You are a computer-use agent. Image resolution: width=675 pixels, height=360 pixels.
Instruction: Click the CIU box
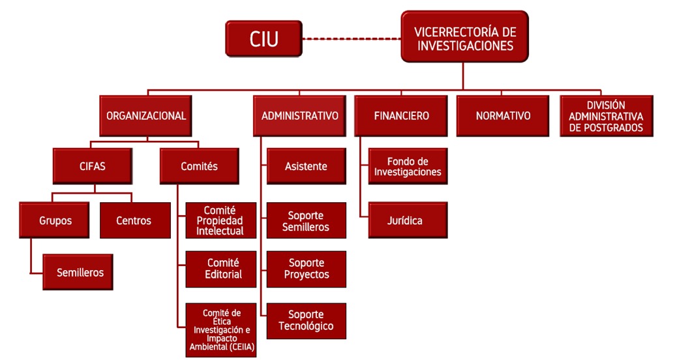(264, 38)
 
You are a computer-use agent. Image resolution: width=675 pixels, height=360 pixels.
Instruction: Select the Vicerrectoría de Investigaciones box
(464, 37)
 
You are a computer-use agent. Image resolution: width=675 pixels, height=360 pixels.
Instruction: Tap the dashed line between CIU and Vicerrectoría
(352, 38)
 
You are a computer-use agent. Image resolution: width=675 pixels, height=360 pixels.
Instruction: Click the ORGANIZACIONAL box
(146, 116)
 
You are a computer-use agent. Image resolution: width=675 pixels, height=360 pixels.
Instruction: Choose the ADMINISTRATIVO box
(299, 116)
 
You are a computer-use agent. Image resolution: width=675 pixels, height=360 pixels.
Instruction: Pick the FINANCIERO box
(401, 116)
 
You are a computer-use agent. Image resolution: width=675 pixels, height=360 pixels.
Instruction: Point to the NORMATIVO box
(503, 116)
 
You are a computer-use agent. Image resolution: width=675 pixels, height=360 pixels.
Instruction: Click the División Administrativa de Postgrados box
(606, 116)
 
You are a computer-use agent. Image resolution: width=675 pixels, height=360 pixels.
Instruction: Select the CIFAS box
(92, 166)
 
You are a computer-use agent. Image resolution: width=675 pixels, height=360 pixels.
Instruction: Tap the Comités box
(199, 166)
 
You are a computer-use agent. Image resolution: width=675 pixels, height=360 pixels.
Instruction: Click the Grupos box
(55, 220)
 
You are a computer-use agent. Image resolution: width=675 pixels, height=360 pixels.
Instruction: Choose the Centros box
(134, 220)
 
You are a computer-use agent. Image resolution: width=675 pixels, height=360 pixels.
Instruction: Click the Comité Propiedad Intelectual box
(221, 220)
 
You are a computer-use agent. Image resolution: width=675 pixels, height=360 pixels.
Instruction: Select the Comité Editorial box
(221, 269)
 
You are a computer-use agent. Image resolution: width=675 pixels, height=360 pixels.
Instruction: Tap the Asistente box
(306, 166)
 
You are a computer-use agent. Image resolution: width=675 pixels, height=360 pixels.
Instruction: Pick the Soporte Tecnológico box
(306, 320)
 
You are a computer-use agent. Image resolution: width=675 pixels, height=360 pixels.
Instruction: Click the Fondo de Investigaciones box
(408, 166)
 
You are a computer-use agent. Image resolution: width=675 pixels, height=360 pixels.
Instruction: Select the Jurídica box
(408, 220)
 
